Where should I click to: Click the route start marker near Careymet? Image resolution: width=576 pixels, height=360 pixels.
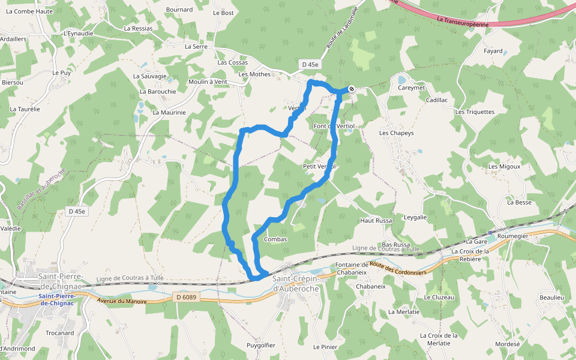351,89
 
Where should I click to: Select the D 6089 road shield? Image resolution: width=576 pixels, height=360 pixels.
187,297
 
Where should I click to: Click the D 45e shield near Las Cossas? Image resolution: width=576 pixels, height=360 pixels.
310,64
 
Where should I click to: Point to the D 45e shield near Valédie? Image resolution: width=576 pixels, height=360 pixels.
77,211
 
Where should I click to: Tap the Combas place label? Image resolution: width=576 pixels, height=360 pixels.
275,239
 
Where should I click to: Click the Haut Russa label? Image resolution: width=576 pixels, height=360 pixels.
376,221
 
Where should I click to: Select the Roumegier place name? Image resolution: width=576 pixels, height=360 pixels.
513,236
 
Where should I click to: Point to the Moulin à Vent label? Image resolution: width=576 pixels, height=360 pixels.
207,82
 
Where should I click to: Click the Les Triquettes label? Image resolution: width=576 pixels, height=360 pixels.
475,112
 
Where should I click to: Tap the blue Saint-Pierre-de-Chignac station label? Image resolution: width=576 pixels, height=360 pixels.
57,299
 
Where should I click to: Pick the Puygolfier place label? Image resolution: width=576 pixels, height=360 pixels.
261,345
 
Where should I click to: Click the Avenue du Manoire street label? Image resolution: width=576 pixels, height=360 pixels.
122,301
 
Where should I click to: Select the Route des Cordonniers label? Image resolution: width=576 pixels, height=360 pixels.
398,268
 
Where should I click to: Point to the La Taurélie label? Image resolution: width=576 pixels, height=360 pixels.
25,109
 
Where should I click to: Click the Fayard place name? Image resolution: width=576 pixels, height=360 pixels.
493,51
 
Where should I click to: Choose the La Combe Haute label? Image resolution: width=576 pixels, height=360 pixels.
30,11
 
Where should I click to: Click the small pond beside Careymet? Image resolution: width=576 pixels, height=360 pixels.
401,79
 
